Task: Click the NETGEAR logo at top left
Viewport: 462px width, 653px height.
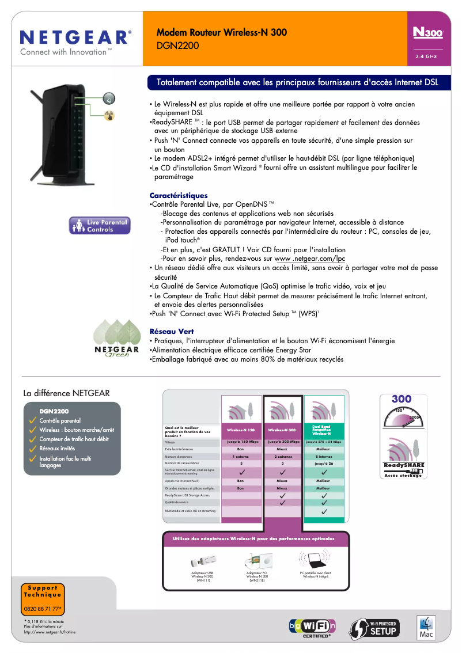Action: click(75, 39)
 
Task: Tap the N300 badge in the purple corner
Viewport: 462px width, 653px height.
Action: click(427, 34)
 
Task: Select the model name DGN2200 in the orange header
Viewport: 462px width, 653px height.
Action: click(177, 45)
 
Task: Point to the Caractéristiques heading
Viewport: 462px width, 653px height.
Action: click(179, 196)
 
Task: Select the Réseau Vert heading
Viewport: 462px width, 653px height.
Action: click(172, 332)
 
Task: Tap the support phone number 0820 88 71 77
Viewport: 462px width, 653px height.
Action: click(43, 609)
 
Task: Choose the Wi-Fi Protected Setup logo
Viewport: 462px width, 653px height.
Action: click(375, 627)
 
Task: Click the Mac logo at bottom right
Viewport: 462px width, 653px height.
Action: click(425, 627)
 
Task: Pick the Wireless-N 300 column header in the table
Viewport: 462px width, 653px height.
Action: click(282, 430)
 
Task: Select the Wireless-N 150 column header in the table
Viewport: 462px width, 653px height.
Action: click(241, 430)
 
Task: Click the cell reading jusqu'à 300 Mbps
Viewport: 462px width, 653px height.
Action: click(282, 442)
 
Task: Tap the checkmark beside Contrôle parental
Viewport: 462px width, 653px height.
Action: click(33, 421)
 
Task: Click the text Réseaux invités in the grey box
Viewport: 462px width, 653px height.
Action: click(57, 448)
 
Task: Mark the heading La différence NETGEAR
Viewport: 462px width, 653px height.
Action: click(66, 393)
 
